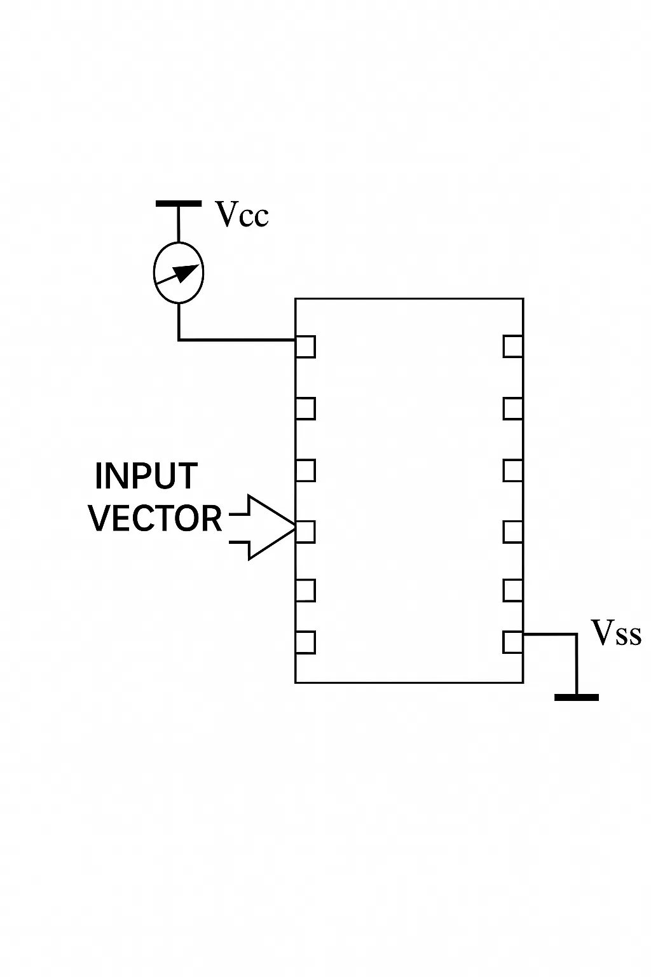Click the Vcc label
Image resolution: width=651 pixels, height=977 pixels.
point(242,214)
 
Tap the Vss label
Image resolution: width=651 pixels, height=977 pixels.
point(616,632)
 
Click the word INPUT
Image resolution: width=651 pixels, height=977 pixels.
point(146,476)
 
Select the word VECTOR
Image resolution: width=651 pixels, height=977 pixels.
point(155,518)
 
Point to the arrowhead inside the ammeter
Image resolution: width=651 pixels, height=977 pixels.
point(189,272)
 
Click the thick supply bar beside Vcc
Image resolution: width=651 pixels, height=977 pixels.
point(179,204)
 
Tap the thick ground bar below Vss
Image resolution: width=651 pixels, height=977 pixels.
point(577,697)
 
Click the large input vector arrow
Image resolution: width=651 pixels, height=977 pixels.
point(263,527)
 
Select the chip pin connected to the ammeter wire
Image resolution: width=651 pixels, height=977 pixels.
point(305,347)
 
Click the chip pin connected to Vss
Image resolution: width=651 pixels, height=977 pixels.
point(513,642)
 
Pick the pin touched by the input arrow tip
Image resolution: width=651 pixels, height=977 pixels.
point(305,532)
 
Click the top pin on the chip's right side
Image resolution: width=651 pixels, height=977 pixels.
point(513,347)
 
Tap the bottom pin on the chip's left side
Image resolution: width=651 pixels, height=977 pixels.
point(305,642)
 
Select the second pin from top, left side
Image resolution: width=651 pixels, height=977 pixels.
point(305,409)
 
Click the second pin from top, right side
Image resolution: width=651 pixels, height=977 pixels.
point(513,409)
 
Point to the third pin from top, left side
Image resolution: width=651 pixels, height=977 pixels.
point(305,470)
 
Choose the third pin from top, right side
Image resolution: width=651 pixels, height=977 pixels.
point(513,470)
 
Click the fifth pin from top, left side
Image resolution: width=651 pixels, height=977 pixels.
point(305,590)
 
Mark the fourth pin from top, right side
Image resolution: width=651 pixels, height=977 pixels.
point(513,532)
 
